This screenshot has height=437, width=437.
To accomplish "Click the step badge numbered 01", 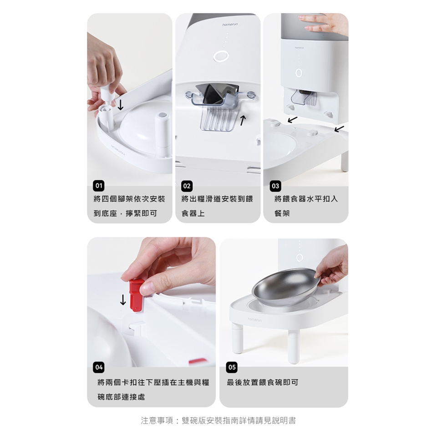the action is [99, 186].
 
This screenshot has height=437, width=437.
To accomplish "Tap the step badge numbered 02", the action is [187, 186].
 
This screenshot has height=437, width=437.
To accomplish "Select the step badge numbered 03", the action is [275, 186].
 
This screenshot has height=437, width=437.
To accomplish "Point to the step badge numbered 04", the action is [99, 367].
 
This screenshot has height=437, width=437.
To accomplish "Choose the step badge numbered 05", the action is [232, 367].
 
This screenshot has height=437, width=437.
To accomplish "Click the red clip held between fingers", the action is [136, 295].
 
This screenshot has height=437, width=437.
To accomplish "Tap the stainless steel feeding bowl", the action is [285, 287].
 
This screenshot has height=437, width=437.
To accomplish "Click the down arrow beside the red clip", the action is [123, 300].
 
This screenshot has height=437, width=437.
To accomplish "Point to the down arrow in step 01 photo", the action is [120, 105].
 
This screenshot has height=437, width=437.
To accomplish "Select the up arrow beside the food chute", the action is [243, 120].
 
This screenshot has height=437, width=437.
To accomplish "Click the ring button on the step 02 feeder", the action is [221, 56].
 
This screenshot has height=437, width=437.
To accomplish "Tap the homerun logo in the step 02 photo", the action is [230, 25].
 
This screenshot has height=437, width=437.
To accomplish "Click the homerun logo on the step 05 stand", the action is [255, 320].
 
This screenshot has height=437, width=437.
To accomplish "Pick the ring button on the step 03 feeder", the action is [299, 73].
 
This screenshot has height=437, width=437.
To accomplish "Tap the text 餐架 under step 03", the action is [282, 213].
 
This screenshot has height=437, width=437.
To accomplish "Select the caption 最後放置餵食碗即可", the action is [263, 382].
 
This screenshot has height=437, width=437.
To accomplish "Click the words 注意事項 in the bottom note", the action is [157, 420].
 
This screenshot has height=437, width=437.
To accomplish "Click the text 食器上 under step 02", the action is [193, 213].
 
